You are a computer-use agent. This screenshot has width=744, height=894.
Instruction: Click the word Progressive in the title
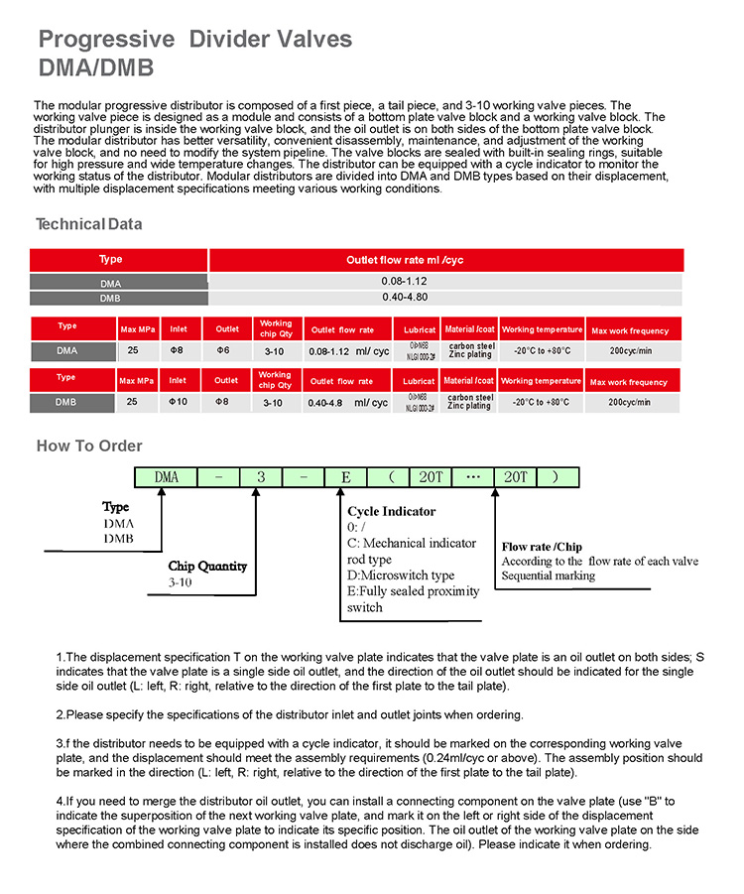coord(106,40)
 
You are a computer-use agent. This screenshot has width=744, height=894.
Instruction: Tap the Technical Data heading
coord(88,224)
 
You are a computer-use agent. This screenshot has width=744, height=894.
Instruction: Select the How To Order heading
coord(89,446)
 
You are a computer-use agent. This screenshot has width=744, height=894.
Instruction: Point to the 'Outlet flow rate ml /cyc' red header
coord(404,260)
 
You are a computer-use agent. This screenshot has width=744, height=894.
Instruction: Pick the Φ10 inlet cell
coord(178,402)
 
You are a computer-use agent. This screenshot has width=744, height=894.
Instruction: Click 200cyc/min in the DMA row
coord(629,350)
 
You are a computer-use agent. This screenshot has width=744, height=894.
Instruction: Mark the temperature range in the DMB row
coord(541,402)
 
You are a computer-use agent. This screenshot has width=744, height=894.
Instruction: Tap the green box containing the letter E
coord(345,477)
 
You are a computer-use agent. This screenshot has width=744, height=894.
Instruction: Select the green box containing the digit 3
coord(261,477)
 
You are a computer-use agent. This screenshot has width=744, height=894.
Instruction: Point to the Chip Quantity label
coord(207,567)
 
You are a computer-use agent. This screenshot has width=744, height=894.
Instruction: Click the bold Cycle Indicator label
coord(391,512)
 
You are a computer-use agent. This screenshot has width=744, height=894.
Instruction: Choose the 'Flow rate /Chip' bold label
coord(542,547)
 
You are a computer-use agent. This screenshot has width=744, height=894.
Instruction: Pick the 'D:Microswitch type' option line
coord(401,575)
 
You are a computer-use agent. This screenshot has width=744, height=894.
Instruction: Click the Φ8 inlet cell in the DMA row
coord(179,350)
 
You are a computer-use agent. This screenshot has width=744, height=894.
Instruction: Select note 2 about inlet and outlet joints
coord(289,714)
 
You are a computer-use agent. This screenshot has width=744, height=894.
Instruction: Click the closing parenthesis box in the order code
coord(556,477)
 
